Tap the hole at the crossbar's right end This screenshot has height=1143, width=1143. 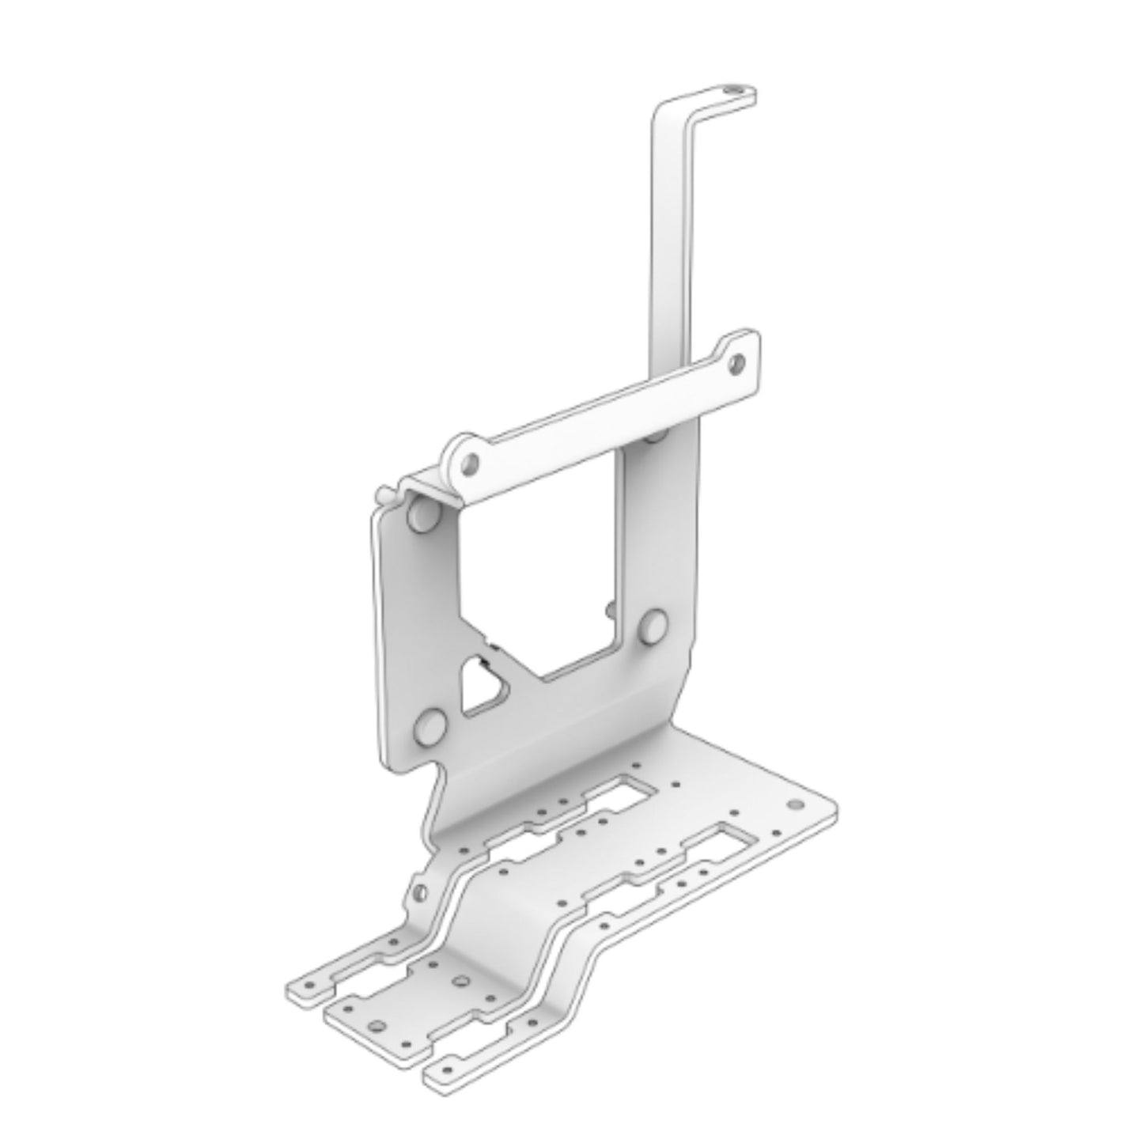(736, 363)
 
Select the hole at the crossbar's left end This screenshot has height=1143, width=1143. (471, 461)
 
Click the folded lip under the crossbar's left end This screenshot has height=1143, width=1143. (431, 486)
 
